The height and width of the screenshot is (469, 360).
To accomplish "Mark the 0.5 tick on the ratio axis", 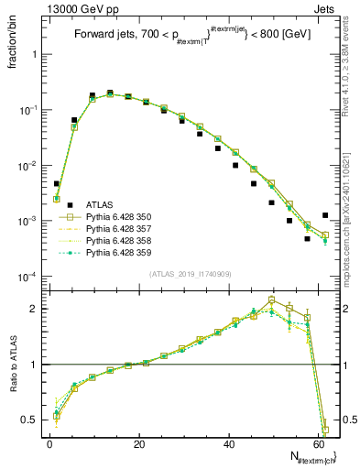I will (x=29, y=420).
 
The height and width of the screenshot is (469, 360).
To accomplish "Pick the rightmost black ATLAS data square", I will (x=325, y=215).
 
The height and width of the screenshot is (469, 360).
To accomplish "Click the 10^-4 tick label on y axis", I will (x=27, y=277).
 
